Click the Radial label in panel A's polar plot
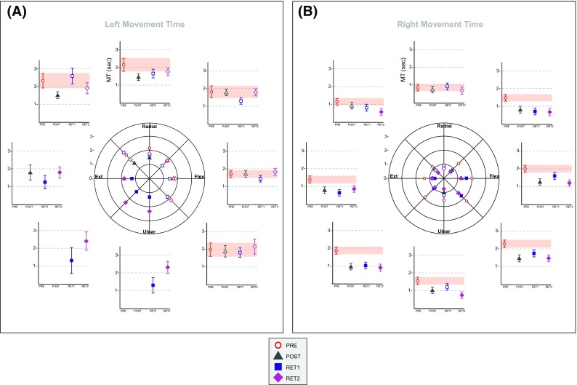pyautogui.click(x=150, y=127)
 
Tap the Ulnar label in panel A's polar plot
pyautogui.click(x=150, y=232)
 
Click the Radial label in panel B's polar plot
pyautogui.click(x=444, y=127)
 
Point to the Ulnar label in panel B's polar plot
pyautogui.click(x=444, y=232)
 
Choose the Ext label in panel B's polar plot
pyautogui.click(x=394, y=176)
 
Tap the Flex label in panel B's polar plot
pyautogui.click(x=494, y=176)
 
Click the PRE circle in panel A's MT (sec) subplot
pyautogui.click(x=124, y=66)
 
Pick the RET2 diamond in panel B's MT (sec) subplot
pyautogui.click(x=461, y=90)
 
